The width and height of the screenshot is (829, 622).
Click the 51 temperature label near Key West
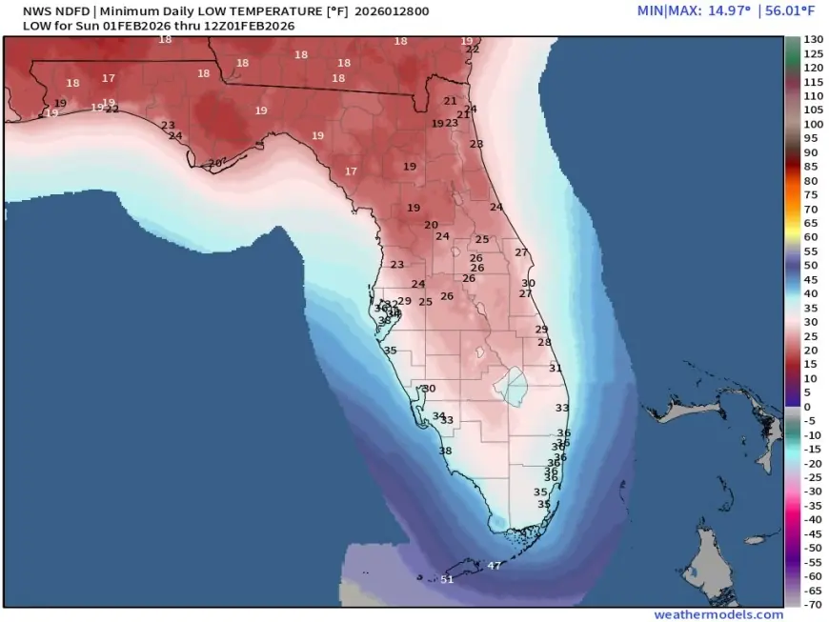[x=448, y=579]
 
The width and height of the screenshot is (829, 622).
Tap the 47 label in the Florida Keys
[x=494, y=566]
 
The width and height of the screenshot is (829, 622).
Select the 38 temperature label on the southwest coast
[x=445, y=451]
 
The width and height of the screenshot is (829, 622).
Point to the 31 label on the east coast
[x=556, y=369]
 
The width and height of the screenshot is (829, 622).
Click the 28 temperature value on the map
[x=544, y=342]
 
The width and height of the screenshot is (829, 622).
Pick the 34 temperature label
[x=438, y=416]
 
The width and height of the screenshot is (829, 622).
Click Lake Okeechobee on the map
[x=514, y=385]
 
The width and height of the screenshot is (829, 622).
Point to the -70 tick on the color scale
[x=812, y=604]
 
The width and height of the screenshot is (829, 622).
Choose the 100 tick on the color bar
[x=812, y=124]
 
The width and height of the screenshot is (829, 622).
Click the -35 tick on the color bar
[x=812, y=505]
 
